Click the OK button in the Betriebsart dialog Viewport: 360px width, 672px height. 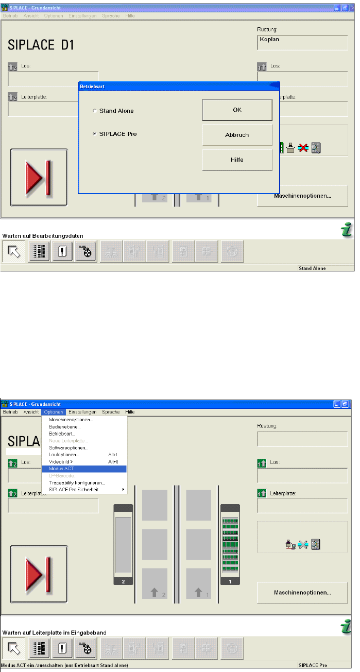click(237, 110)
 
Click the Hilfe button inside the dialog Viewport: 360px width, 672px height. click(237, 160)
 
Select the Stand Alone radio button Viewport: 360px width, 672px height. click(94, 111)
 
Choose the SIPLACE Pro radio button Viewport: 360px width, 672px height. click(94, 134)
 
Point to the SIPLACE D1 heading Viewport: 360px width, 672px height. click(41, 45)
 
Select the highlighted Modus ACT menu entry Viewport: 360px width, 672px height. click(62, 469)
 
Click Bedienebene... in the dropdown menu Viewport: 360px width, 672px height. click(65, 427)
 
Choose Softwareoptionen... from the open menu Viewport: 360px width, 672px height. click(68, 448)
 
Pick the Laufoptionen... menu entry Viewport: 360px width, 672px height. click(64, 455)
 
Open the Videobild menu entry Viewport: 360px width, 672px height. click(61, 462)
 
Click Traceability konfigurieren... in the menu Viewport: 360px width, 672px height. click(77, 483)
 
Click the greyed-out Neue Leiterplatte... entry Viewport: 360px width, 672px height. click(68, 441)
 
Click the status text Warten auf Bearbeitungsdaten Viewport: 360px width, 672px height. click(43, 235)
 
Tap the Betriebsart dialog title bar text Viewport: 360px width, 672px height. click(93, 87)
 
